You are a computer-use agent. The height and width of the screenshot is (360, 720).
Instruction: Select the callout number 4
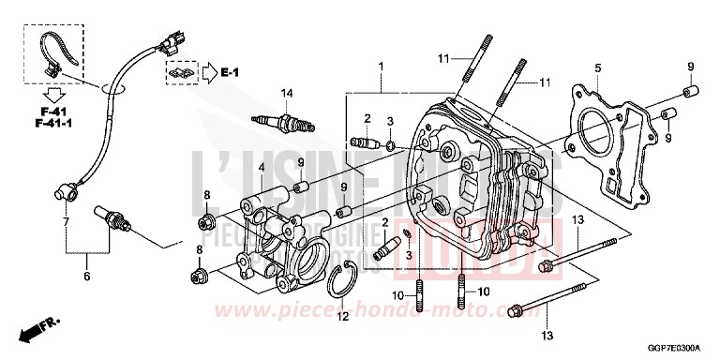[x=235, y=168]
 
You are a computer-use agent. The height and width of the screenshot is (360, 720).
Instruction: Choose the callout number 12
[x=342, y=316]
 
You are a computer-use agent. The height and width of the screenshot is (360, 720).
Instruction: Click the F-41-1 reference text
[x=44, y=122]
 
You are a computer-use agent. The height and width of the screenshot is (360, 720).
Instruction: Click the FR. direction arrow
[x=35, y=329]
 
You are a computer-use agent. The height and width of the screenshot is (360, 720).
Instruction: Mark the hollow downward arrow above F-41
[x=44, y=94]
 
